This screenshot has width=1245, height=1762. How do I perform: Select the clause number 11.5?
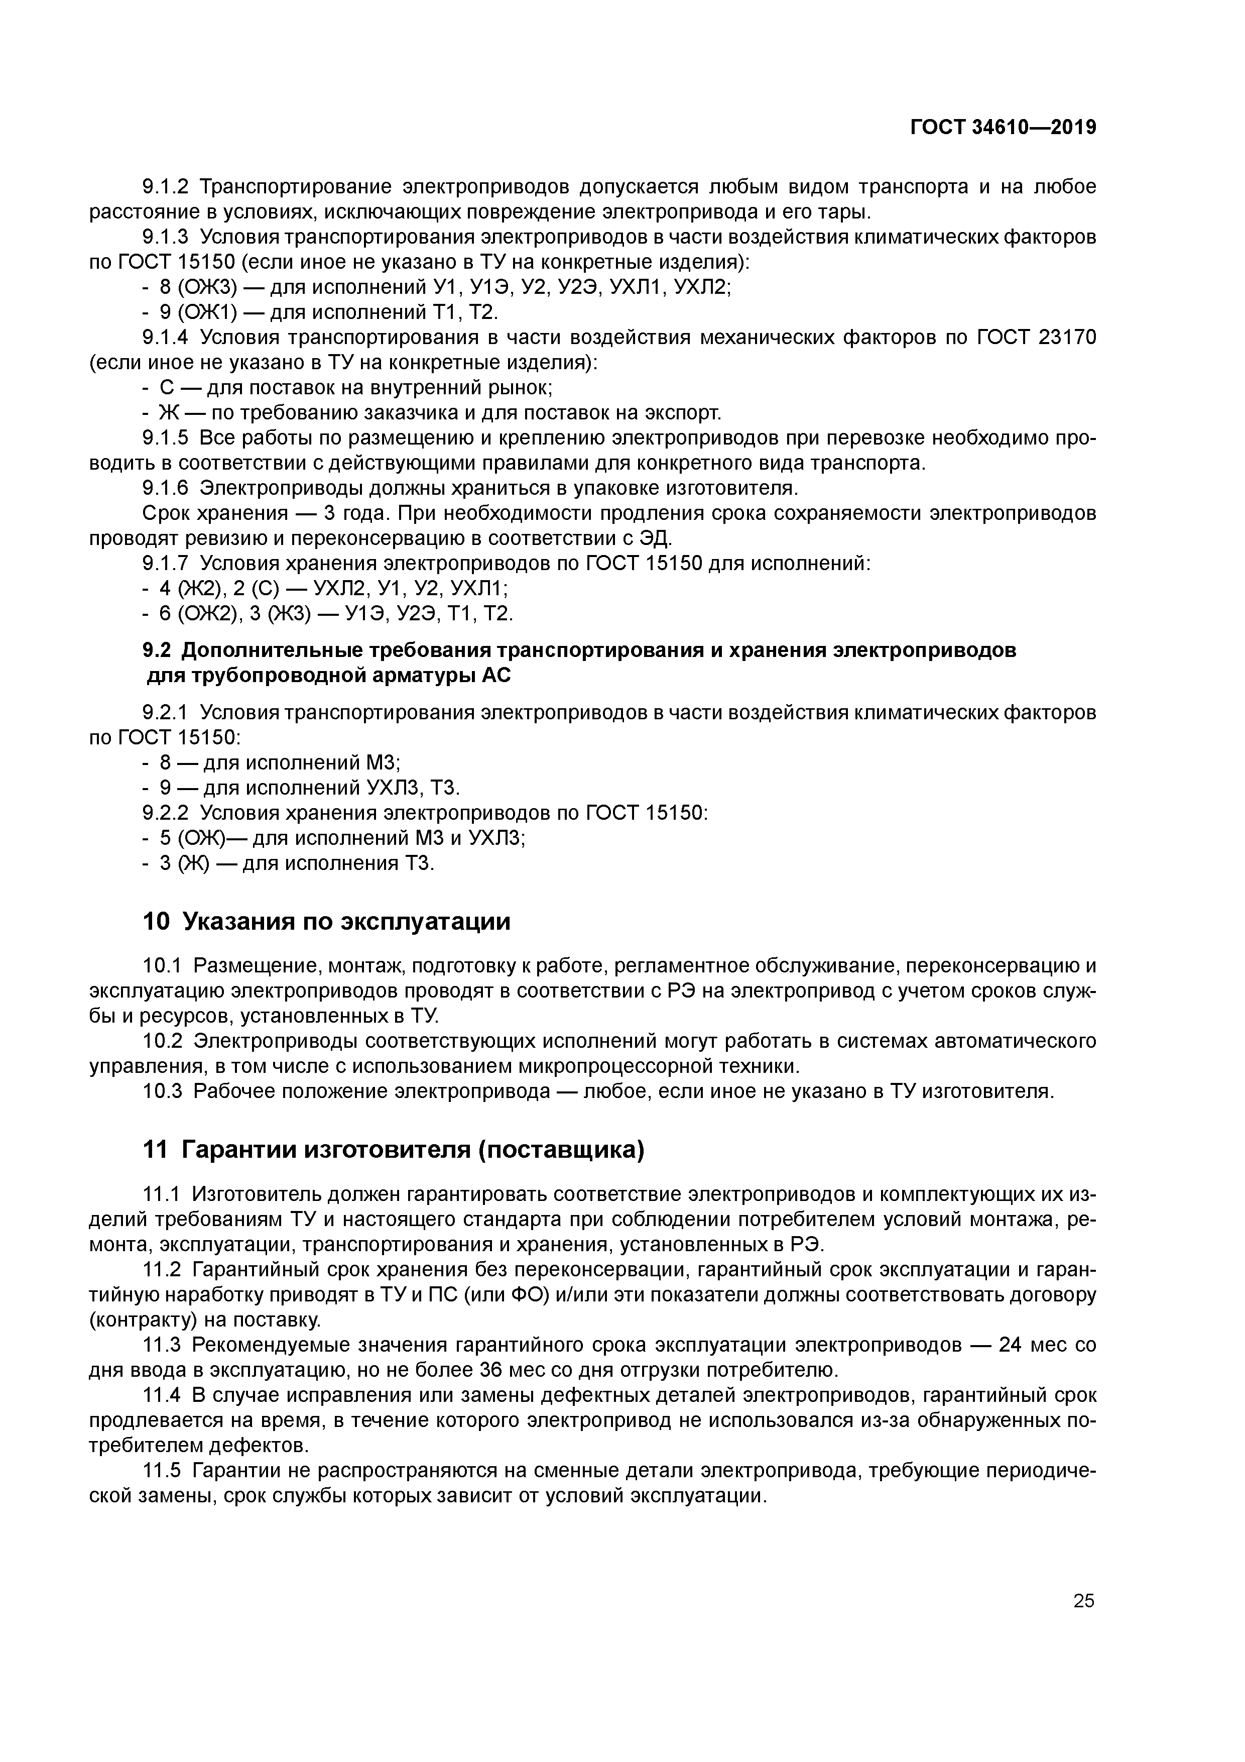click(x=163, y=1471)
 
